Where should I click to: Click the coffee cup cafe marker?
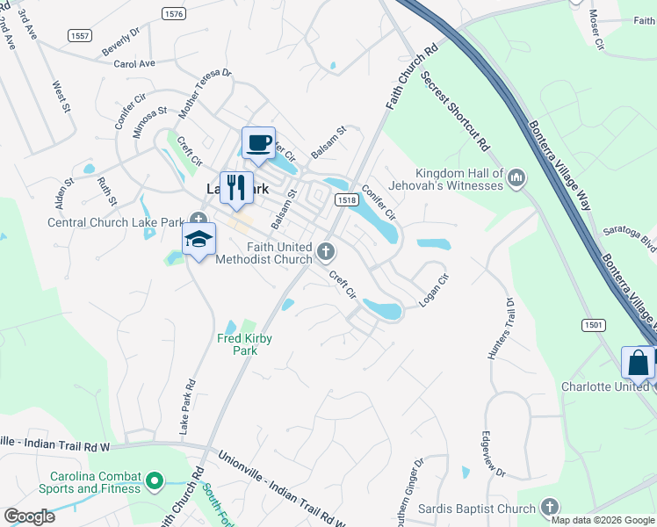point(258,144)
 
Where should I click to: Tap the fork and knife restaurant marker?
point(236,187)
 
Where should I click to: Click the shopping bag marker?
point(638,363)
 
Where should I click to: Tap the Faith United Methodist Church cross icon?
point(326,253)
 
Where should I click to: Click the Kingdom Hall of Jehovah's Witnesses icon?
point(516,179)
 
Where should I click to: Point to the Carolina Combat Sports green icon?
point(155,481)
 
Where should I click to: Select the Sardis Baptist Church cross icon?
point(550,507)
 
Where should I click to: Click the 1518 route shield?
point(346,200)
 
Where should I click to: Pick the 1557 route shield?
point(80,35)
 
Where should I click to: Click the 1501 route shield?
point(594,325)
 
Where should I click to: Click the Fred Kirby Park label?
point(237,343)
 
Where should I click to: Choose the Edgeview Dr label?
point(494,454)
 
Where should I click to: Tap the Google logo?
point(29,516)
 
